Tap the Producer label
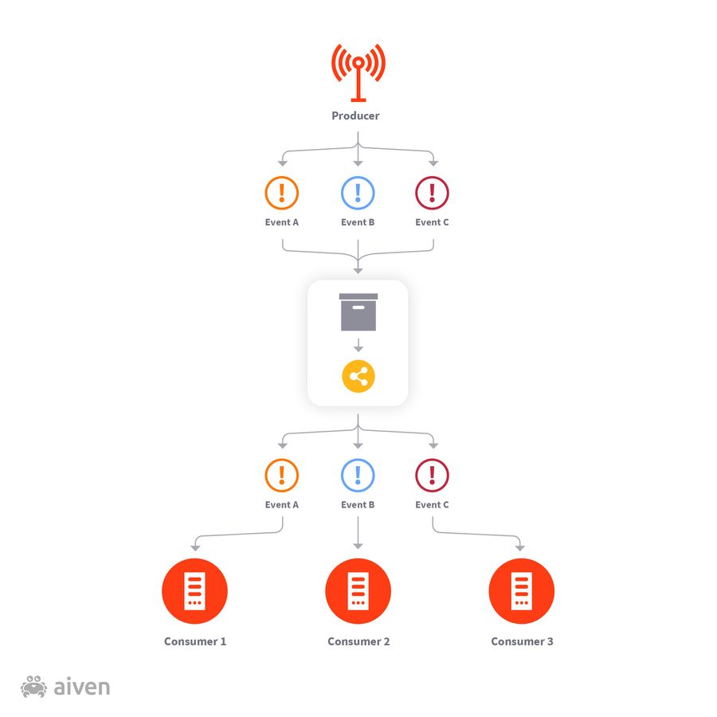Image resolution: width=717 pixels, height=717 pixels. click(355, 116)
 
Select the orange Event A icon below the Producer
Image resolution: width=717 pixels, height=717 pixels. click(281, 192)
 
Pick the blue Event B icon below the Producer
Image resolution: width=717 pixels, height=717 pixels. click(358, 192)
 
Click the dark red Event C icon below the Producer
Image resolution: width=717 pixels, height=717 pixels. click(432, 192)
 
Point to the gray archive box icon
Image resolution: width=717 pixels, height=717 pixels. click(358, 311)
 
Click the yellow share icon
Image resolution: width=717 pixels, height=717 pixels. click(358, 377)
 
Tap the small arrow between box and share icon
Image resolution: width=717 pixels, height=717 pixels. click(358, 347)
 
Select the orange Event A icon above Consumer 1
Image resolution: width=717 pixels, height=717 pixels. click(281, 476)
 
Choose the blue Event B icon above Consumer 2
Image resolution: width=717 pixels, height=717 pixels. click(358, 476)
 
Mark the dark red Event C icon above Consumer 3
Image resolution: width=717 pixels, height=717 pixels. click(432, 476)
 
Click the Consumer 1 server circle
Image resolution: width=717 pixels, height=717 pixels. click(195, 591)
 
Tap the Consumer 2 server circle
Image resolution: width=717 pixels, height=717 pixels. click(358, 591)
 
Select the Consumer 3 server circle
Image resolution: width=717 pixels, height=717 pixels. click(521, 591)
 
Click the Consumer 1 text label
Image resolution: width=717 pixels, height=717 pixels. click(195, 641)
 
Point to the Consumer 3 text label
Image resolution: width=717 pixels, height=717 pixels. click(522, 641)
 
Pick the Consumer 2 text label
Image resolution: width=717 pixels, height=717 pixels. click(358, 641)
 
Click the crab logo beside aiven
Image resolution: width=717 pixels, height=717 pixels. click(34, 687)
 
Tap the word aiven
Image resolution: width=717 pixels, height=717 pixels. click(81, 687)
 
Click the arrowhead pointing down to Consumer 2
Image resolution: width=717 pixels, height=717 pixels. click(358, 546)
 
